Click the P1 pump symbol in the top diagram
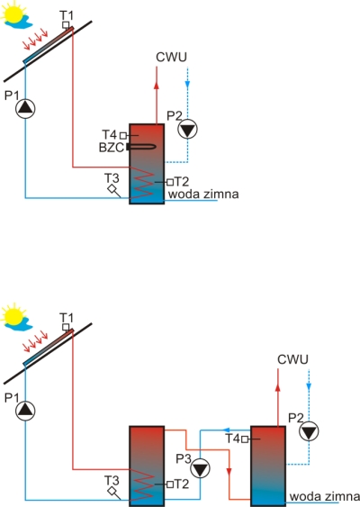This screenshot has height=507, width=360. [x=25, y=109]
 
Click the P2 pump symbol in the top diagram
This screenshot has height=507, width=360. [x=187, y=130]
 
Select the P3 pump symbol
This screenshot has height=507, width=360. [x=200, y=468]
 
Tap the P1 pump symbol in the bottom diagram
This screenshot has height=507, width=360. [x=25, y=411]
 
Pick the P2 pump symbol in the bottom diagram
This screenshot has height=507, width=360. [x=309, y=431]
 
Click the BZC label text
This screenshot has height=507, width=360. [x=112, y=148]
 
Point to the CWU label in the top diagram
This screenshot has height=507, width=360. [x=171, y=57]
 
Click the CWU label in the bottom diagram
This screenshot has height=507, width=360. [x=292, y=359]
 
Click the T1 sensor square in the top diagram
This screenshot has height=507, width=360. [x=66, y=24]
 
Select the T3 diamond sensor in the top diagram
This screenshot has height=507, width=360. [x=112, y=188]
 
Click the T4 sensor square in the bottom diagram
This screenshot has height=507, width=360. [x=245, y=439]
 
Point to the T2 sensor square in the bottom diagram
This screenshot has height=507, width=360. [x=170, y=484]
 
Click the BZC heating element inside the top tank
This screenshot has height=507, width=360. [x=142, y=147]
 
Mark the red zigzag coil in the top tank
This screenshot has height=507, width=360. [x=141, y=183]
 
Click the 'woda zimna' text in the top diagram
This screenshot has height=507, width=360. [x=203, y=194]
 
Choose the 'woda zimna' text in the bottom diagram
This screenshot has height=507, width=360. [x=325, y=496]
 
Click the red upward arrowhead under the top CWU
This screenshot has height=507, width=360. [x=157, y=85]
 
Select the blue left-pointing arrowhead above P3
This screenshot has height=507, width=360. [x=227, y=430]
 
